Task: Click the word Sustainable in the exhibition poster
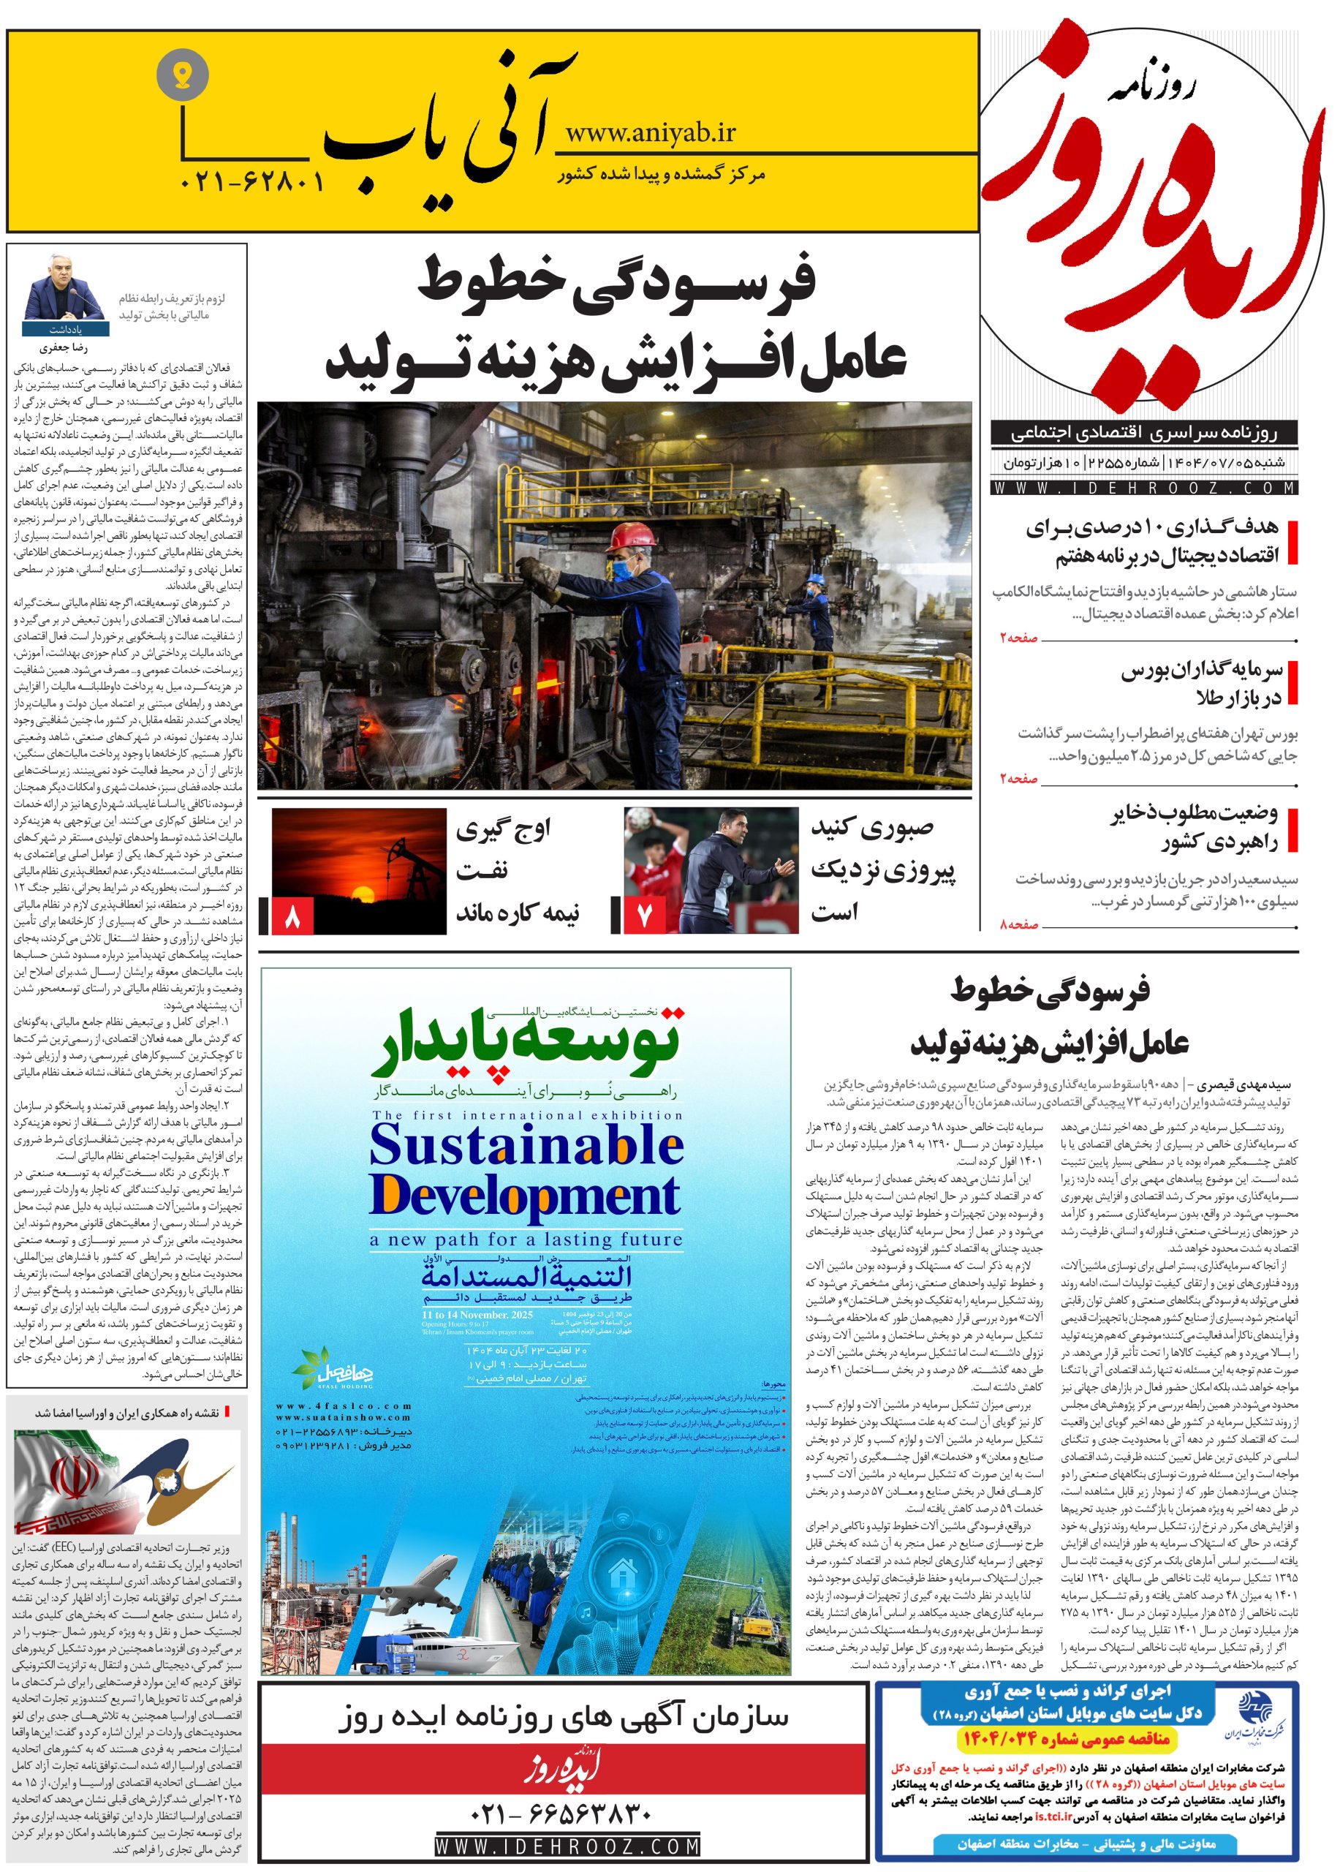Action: point(526,1146)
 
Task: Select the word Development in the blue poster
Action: point(525,1194)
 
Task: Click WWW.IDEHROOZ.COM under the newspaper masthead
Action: point(1146,488)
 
